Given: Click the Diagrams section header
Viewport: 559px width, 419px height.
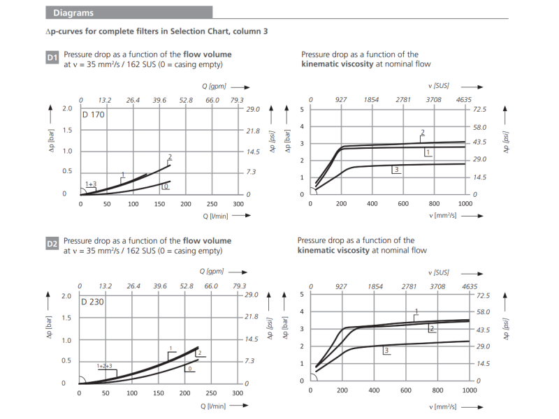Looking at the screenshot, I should tap(73, 13).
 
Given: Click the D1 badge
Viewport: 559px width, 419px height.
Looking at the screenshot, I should tap(52, 58).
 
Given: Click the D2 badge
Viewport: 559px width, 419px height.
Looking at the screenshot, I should tap(52, 244).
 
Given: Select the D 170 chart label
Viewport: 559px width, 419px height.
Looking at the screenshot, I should tap(93, 115).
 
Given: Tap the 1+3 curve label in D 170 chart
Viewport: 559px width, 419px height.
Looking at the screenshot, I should tap(91, 184).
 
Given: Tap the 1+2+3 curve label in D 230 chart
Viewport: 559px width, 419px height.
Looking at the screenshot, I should tap(104, 366).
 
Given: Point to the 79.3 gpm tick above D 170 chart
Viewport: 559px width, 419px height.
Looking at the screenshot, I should tap(238, 100).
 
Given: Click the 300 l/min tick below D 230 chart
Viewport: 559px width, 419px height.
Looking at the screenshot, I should tap(238, 393).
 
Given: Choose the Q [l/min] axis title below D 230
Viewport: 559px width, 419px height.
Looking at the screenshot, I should tap(214, 406).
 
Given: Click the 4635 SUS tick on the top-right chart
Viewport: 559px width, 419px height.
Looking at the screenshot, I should tap(464, 100).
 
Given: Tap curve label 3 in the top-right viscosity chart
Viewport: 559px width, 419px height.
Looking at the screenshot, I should tap(396, 170).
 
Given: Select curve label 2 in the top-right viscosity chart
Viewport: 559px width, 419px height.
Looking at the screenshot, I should tap(423, 133).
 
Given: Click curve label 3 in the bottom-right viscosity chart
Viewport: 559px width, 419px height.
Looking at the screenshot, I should tap(386, 350).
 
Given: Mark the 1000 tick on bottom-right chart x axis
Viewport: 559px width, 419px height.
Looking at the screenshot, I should tap(467, 391).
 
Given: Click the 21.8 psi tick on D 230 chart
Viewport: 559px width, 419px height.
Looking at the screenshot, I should tap(252, 317).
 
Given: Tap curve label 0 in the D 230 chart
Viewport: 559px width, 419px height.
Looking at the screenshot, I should tap(189, 368).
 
